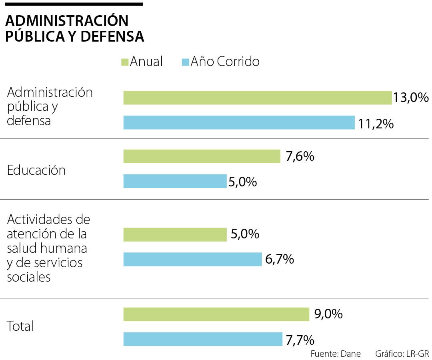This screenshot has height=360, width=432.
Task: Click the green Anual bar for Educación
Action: click(202, 156)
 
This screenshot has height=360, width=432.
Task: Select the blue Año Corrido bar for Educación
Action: click(175, 181)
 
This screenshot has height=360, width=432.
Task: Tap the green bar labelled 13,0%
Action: click(257, 98)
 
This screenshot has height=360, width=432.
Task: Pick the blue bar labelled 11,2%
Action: click(239, 122)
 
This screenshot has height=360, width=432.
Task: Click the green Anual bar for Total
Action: click(216, 314)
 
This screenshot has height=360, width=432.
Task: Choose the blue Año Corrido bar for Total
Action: click(202, 339)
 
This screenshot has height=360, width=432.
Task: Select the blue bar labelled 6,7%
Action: click(192, 259)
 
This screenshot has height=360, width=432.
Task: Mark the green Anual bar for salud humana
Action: click(175, 234)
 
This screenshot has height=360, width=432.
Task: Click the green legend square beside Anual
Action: click(124, 62)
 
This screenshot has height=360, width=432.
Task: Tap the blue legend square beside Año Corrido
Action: click(185, 62)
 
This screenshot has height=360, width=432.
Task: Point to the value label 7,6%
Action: click(300, 156)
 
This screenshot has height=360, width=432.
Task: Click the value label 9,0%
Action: click(328, 314)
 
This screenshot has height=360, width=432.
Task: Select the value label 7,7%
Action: click(300, 340)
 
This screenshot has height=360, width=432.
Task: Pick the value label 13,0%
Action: click(410, 98)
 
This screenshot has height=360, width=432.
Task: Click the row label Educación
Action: click(36, 170)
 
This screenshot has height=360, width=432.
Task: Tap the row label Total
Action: click(20, 326)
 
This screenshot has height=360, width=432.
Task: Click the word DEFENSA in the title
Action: click(112, 36)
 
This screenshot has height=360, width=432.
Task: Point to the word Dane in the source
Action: click(352, 354)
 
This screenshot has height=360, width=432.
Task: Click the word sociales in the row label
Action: click(29, 277)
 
